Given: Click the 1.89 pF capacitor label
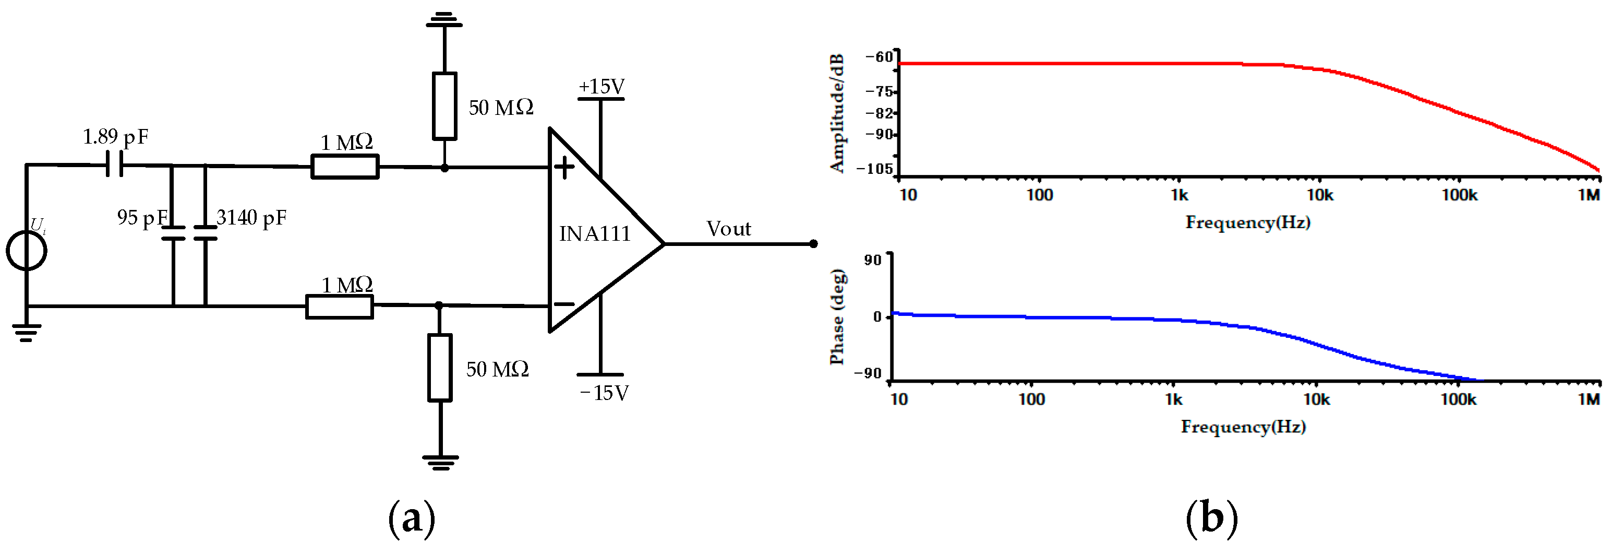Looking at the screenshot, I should tap(115, 136).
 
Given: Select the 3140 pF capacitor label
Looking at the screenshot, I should tap(251, 218).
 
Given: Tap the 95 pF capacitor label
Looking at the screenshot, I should tap(142, 218).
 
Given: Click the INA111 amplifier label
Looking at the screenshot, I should tap(595, 233).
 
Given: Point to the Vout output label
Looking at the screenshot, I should tap(728, 229).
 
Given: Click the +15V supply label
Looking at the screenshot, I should tap(602, 87).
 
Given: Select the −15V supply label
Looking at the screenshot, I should tap(604, 393).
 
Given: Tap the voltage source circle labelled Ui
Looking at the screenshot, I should tap(26, 251).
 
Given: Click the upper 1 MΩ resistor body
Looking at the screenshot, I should tap(345, 167).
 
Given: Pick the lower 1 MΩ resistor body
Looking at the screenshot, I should tap(339, 307).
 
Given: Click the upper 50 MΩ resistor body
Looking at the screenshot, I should tap(444, 106).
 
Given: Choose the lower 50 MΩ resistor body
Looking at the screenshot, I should tap(440, 368).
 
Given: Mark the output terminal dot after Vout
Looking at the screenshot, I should tap(813, 244).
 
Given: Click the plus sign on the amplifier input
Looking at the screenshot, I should tap(564, 167).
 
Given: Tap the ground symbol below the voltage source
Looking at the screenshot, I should tap(26, 332).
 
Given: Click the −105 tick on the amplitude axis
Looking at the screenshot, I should tap(875, 169).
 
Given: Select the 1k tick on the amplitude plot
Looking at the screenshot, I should tap(1179, 195).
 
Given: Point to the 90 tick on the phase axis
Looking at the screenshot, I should tap(873, 260).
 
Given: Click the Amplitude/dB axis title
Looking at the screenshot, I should tap(837, 113).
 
